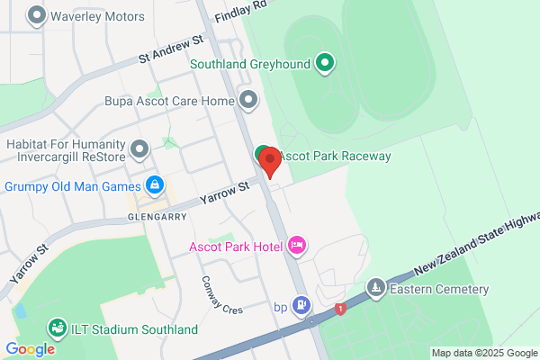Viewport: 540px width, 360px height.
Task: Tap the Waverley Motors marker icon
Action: [x=37, y=16]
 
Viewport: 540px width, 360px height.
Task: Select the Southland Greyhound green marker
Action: [x=326, y=63]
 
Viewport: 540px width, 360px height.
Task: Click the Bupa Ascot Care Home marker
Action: [x=248, y=101]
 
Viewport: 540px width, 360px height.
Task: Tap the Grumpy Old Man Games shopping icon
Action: [x=155, y=185]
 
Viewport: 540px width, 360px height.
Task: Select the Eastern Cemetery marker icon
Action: [x=375, y=289]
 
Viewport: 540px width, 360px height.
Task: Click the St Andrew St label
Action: [x=172, y=50]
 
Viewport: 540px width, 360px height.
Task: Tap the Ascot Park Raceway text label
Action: [x=335, y=156]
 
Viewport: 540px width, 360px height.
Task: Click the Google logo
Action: [x=30, y=348]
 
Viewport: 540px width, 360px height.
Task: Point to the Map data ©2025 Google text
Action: [x=484, y=353]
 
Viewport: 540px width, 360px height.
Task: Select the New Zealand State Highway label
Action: [x=477, y=244]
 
